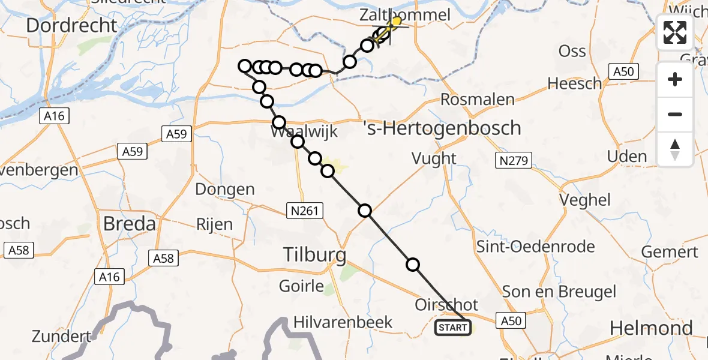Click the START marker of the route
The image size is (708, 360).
pyautogui.click(x=452, y=328)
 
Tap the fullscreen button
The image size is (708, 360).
pyautogui.click(x=675, y=32)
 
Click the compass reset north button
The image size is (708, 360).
pyautogui.click(x=675, y=149)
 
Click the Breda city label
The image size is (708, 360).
pyautogui.click(x=130, y=224)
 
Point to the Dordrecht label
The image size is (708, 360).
pyautogui.click(x=71, y=25)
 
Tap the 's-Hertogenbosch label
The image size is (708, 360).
pyautogui.click(x=442, y=128)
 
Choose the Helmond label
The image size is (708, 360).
pyautogui.click(x=651, y=328)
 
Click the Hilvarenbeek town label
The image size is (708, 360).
pyautogui.click(x=343, y=322)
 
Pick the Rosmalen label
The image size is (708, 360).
pyautogui.click(x=478, y=100)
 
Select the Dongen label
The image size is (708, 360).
pyautogui.click(x=225, y=190)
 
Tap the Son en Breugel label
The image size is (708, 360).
pyautogui.click(x=559, y=292)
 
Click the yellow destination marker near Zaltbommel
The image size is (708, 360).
pyautogui.click(x=396, y=22)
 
